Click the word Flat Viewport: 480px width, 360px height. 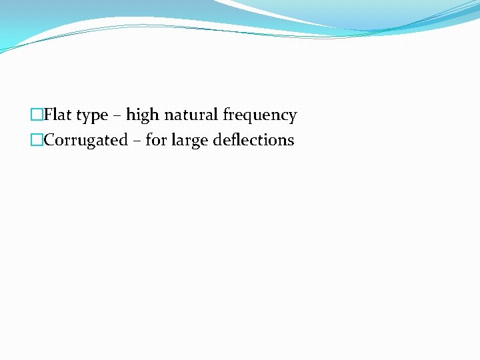58,115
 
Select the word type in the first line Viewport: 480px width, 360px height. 92,116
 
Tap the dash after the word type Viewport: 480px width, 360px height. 117,116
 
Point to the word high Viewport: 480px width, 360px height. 142,115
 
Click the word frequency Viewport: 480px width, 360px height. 260,116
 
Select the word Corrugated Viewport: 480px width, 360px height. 85,141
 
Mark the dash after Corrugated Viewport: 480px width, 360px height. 136,141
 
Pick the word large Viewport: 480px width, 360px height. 189,141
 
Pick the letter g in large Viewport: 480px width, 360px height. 195,143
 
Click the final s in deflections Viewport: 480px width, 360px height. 291,141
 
